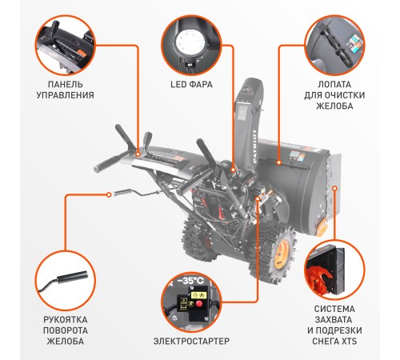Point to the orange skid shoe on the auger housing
click(x=323, y=226)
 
